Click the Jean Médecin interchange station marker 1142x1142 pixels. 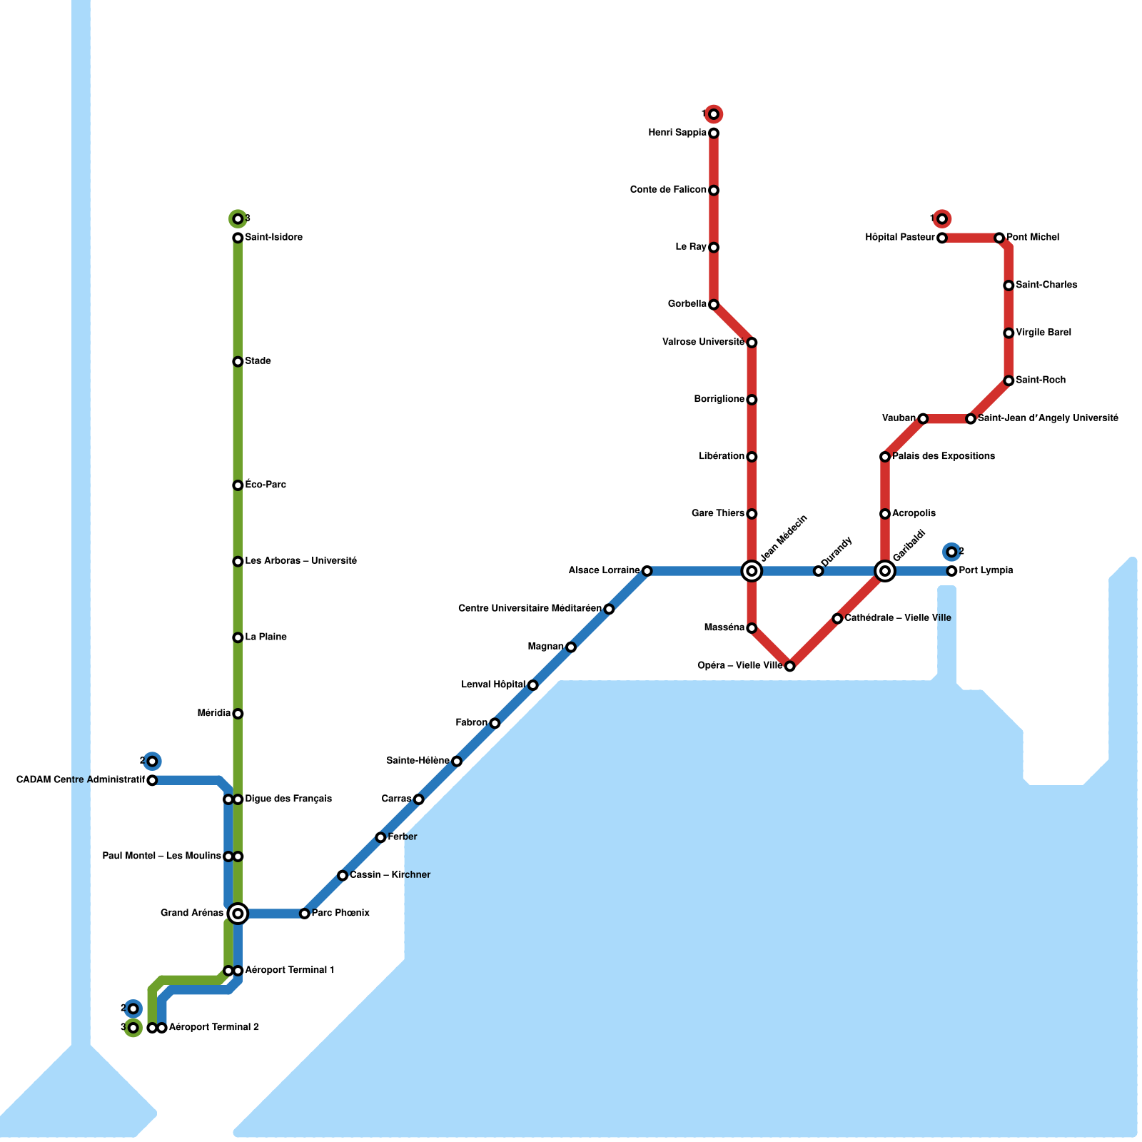pos(752,571)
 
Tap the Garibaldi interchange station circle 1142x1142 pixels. pos(885,571)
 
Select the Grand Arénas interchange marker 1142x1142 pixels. pos(238,914)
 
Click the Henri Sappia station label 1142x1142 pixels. pos(677,133)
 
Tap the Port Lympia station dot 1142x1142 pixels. pos(951,571)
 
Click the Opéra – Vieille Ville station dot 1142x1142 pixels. pos(789,666)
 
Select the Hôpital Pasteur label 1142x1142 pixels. pos(899,238)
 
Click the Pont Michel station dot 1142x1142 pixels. pos(999,238)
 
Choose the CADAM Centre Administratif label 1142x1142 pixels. pos(81,780)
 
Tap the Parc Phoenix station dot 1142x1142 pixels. pos(305,914)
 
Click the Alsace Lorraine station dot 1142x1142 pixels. pos(647,571)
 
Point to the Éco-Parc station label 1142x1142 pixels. pos(266,485)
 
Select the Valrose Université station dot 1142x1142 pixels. pos(752,343)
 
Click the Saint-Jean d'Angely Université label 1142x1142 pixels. pos(1048,418)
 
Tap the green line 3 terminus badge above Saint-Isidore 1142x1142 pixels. pos(238,218)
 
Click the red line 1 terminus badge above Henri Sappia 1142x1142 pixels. pos(714,114)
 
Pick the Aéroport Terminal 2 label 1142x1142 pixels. pos(214,1028)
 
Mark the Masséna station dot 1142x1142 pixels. pos(752,628)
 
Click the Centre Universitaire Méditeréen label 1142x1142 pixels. pos(530,609)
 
